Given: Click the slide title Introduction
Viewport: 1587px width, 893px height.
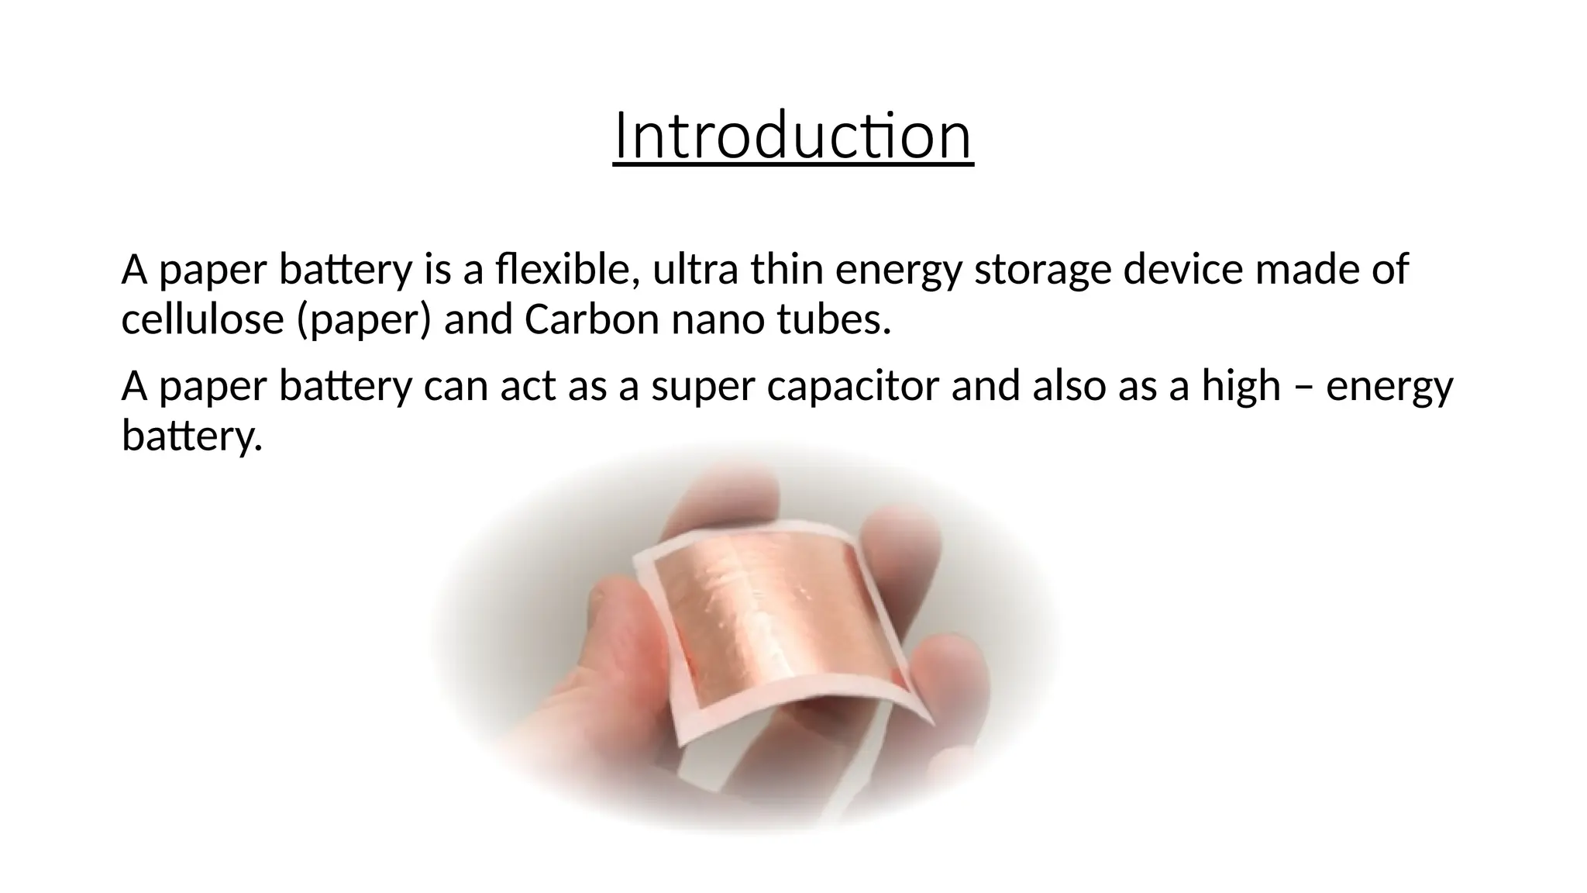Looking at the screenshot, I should [x=793, y=136].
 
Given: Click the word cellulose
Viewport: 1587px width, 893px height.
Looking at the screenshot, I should [x=202, y=319].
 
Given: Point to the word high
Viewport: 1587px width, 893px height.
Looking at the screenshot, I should [x=1241, y=386].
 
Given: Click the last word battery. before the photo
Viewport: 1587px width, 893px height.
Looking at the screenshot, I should [x=192, y=436].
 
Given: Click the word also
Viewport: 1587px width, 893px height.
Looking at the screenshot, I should [x=1069, y=386].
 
